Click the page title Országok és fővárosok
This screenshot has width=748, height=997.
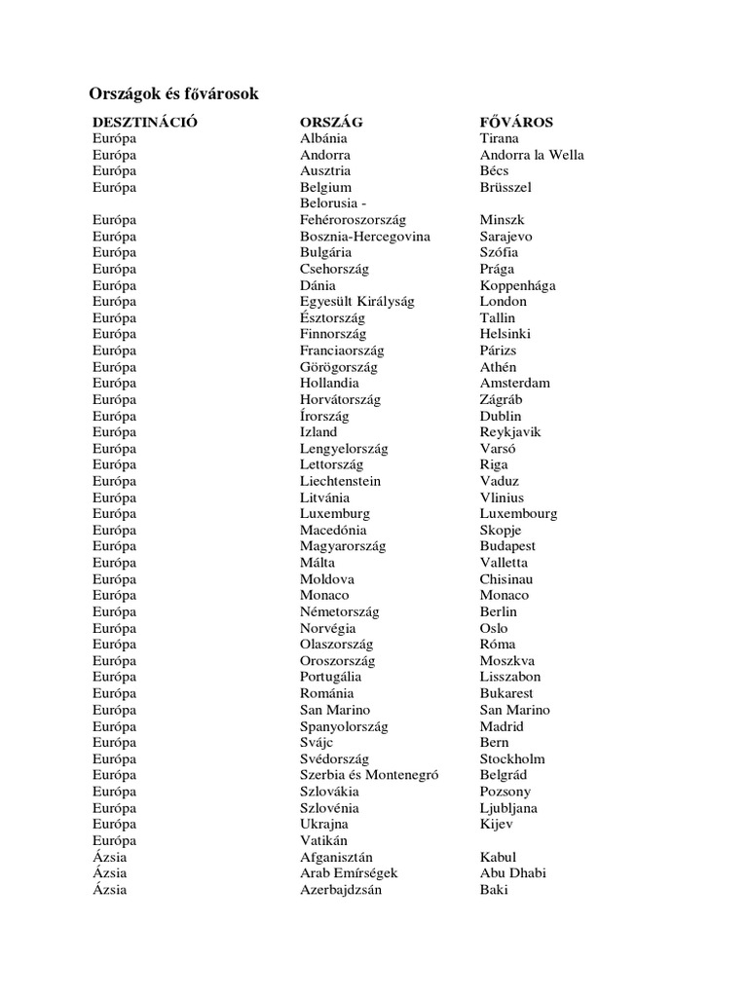[173, 93]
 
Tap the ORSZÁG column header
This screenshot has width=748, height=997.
[331, 123]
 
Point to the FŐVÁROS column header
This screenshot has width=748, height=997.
[516, 123]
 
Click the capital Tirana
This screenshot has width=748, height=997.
[500, 138]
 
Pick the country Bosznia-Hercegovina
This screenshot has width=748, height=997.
[365, 237]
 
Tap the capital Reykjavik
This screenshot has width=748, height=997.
[510, 432]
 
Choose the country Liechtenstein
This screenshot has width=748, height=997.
[341, 481]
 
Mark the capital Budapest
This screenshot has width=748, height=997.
[507, 546]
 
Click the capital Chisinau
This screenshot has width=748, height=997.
[506, 579]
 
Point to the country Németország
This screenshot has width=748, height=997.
[340, 611]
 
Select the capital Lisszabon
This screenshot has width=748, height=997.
[510, 677]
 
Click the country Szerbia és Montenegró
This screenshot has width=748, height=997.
[370, 775]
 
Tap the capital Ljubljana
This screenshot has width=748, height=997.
[508, 808]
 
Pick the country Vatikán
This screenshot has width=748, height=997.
[324, 840]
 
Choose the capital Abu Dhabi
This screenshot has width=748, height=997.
[513, 873]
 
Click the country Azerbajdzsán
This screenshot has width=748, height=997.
[342, 890]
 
